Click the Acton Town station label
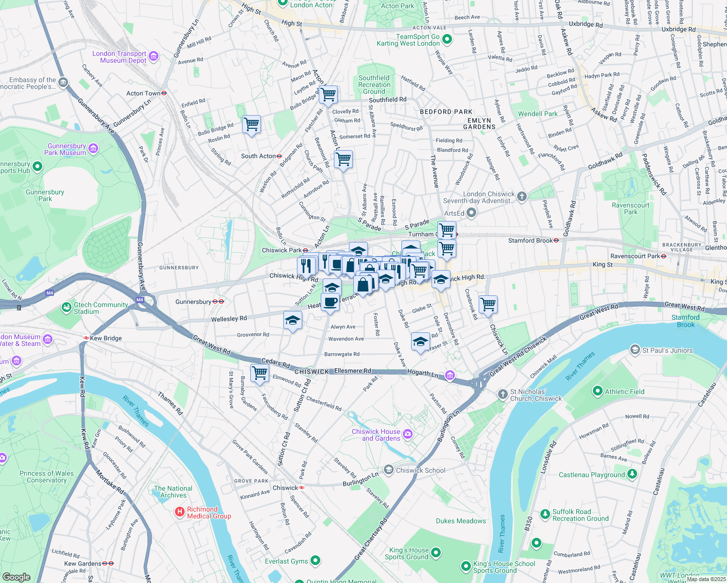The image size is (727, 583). (143, 93)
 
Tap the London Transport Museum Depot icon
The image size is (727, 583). (154, 56)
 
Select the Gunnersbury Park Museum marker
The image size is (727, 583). (93, 149)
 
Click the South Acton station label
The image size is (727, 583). (259, 156)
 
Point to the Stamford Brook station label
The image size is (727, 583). (530, 240)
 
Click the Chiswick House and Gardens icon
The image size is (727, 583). (408, 434)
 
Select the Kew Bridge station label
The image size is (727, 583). (105, 338)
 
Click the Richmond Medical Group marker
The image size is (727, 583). (179, 512)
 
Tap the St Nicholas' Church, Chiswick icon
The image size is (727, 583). (503, 394)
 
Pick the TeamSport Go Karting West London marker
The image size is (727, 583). (447, 39)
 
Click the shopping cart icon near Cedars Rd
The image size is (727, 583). (260, 373)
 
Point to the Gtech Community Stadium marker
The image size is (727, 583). (66, 308)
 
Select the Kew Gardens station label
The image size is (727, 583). (83, 564)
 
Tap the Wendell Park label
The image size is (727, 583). (537, 114)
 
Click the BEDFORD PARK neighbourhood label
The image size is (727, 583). (446, 112)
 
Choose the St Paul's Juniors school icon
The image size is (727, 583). (635, 350)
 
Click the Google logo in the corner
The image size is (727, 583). (17, 577)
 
